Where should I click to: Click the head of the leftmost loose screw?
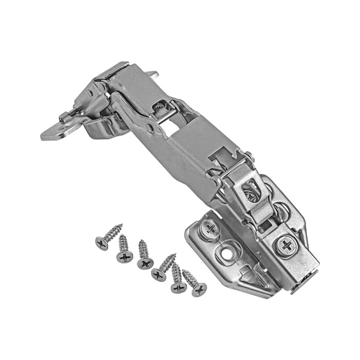click(x=101, y=243)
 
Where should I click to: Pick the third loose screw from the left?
click(x=145, y=263)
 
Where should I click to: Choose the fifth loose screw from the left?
click(x=178, y=286)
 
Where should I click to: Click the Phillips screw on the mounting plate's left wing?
click(x=209, y=227)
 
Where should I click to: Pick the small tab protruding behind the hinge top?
click(x=153, y=75)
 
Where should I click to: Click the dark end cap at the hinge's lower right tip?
click(x=300, y=286)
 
